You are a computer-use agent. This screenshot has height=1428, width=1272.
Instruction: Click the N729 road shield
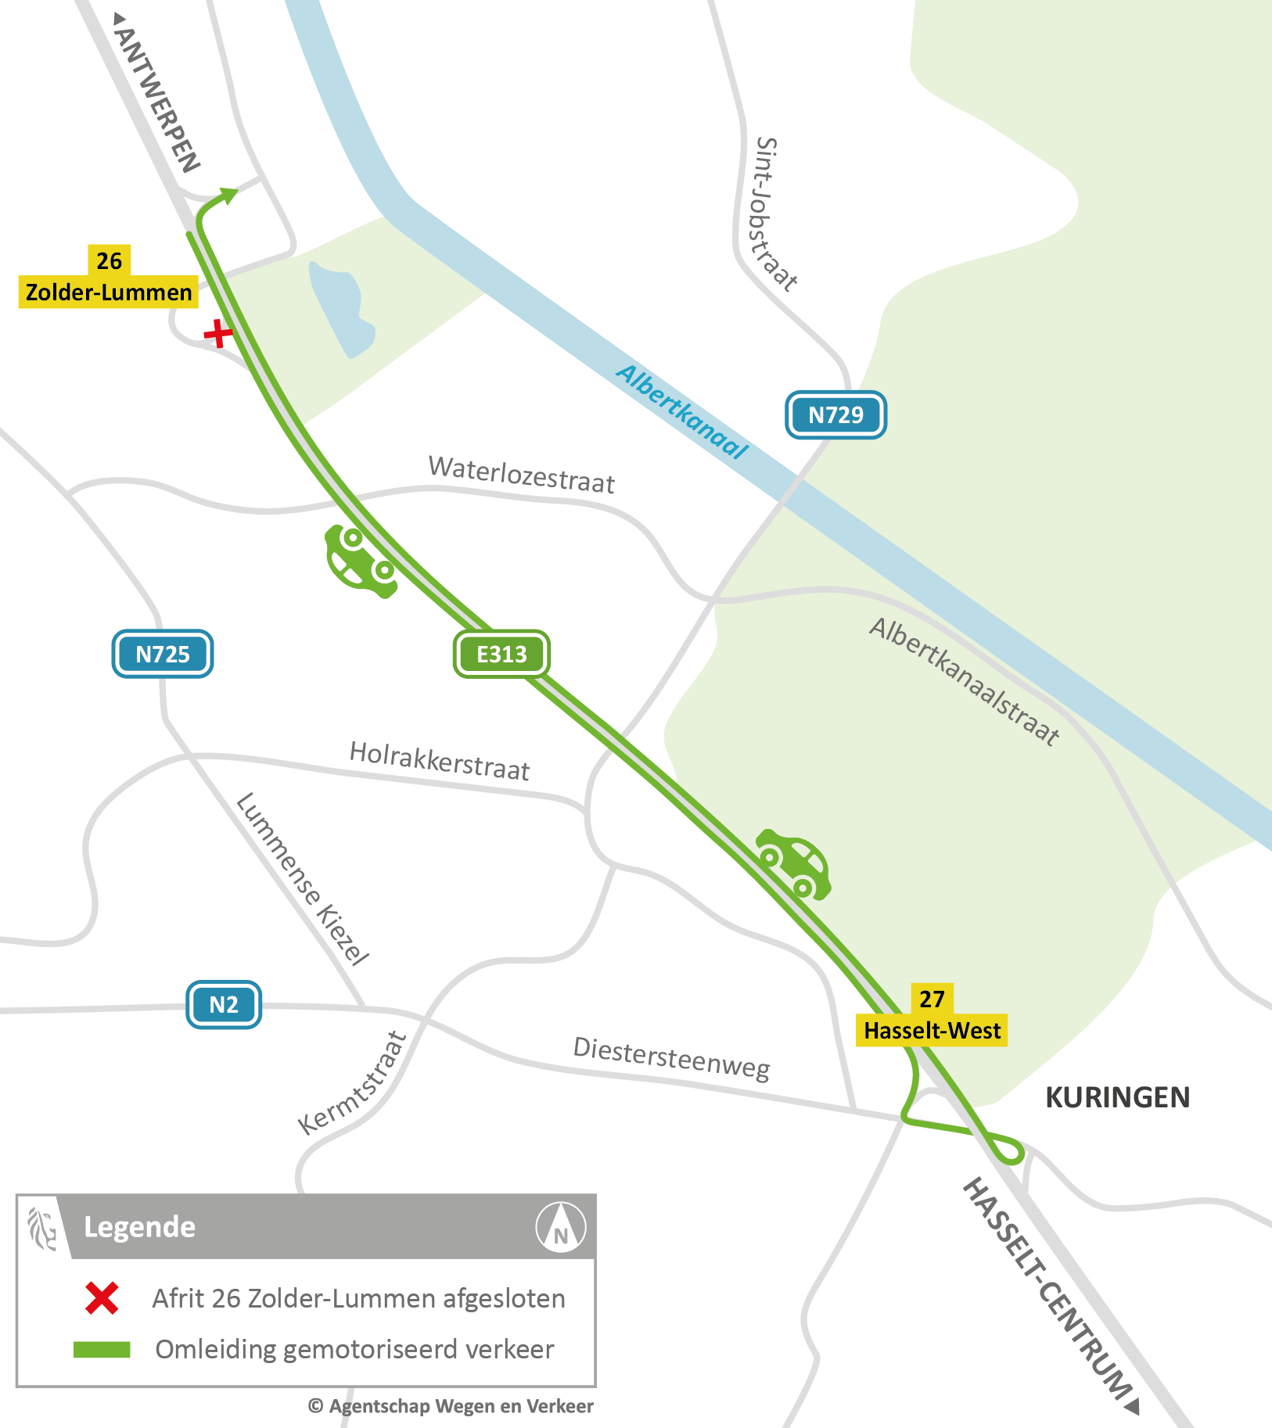click(x=835, y=414)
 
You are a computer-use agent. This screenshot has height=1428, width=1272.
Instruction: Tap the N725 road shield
click(x=163, y=654)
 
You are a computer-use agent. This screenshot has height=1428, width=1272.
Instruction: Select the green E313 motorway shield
click(x=501, y=654)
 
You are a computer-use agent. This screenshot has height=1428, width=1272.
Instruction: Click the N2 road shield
click(x=224, y=1004)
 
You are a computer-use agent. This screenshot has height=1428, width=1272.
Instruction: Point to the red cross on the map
click(x=217, y=334)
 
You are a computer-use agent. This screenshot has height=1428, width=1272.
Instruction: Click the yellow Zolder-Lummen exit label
click(x=109, y=292)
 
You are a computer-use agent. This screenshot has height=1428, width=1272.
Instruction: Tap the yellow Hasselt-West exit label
click(x=932, y=1030)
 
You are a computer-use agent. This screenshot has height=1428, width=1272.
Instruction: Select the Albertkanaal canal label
click(x=682, y=411)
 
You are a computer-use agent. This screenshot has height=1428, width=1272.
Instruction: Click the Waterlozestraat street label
click(x=522, y=475)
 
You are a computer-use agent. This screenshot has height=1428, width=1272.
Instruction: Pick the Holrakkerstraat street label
click(x=440, y=761)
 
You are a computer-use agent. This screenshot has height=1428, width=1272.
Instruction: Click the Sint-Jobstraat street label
click(x=774, y=214)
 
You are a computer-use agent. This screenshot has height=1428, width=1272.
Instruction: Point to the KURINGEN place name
click(x=1117, y=1097)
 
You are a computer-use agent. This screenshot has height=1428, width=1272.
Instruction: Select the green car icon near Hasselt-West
click(x=793, y=863)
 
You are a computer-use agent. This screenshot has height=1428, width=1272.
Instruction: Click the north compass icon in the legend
click(x=560, y=1227)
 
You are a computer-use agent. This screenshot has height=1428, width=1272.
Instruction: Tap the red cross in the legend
click(x=102, y=1298)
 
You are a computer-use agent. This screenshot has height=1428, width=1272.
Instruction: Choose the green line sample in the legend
click(x=102, y=1349)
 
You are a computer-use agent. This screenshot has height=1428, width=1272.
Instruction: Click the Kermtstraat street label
click(x=353, y=1083)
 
